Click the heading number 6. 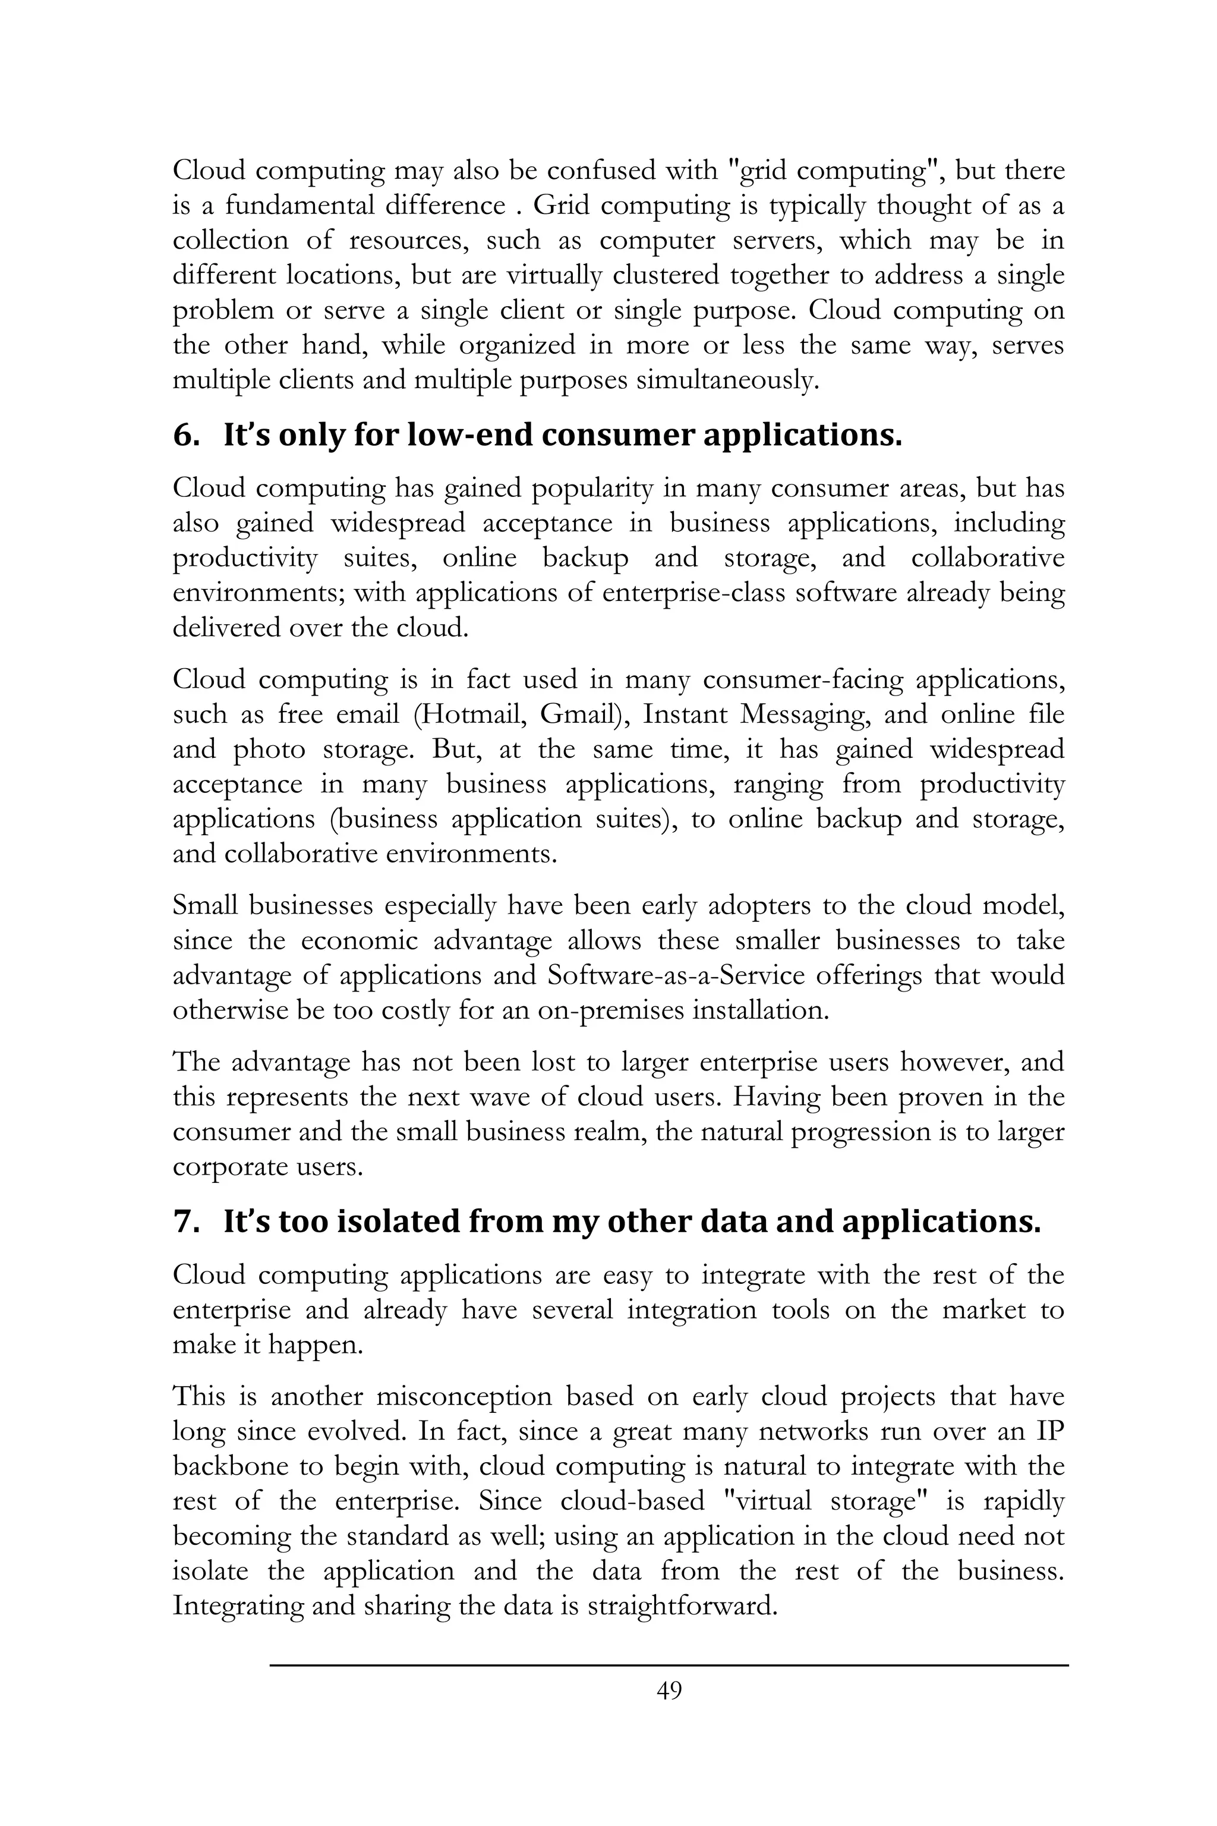click(x=185, y=436)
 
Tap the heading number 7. click(x=185, y=1222)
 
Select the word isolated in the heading click(x=400, y=1222)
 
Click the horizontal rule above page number click(x=669, y=1664)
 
